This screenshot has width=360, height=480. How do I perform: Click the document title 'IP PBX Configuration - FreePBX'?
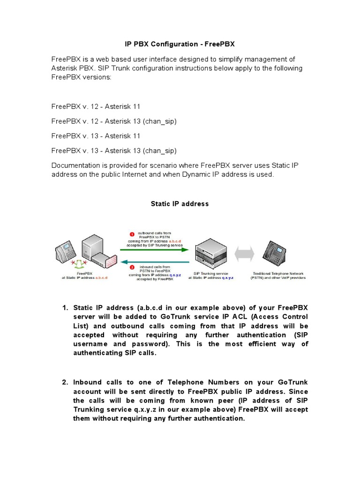[x=180, y=44]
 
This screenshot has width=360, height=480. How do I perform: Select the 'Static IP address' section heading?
[x=180, y=204]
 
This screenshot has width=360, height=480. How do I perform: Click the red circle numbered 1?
[x=132, y=233]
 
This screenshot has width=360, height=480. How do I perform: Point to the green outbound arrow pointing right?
[x=155, y=249]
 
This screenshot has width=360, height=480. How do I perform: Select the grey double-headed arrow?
[x=244, y=254]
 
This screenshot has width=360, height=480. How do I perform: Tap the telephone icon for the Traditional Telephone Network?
[x=277, y=253]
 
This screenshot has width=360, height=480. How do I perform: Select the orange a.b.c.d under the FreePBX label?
[x=101, y=278]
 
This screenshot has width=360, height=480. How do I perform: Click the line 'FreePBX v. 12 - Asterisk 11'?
[x=96, y=106]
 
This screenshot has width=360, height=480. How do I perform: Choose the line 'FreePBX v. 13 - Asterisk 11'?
[x=96, y=136]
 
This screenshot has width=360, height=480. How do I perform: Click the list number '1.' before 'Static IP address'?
[x=65, y=307]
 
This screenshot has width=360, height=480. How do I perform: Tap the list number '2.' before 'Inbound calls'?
[x=65, y=382]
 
